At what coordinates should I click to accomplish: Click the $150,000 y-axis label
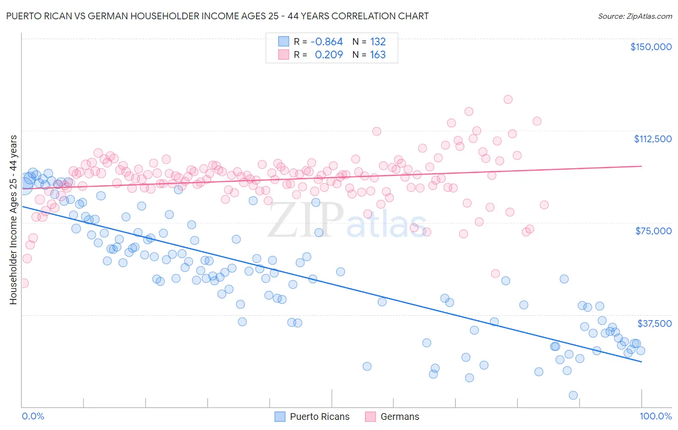(x=651, y=47)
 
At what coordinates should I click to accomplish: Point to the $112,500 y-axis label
(x=652, y=139)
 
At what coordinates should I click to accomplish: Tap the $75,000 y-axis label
(x=653, y=231)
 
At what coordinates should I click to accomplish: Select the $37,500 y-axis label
(x=654, y=323)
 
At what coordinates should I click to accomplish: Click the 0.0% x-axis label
(x=33, y=416)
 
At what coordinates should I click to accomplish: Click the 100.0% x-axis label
(x=655, y=416)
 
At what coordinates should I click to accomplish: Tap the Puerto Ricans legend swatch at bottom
(x=280, y=417)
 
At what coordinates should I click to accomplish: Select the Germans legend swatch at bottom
(x=370, y=417)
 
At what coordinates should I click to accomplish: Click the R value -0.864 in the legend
(x=326, y=42)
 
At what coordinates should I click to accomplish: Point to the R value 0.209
(x=328, y=55)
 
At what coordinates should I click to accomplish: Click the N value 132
(x=378, y=42)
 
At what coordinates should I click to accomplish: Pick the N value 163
(x=378, y=55)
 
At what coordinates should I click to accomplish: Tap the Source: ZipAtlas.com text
(x=635, y=16)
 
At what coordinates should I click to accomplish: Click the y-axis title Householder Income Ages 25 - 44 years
(x=13, y=219)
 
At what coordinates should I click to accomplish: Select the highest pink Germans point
(x=508, y=99)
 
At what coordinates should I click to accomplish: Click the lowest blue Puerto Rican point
(x=573, y=395)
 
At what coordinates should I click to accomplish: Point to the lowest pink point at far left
(x=23, y=283)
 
